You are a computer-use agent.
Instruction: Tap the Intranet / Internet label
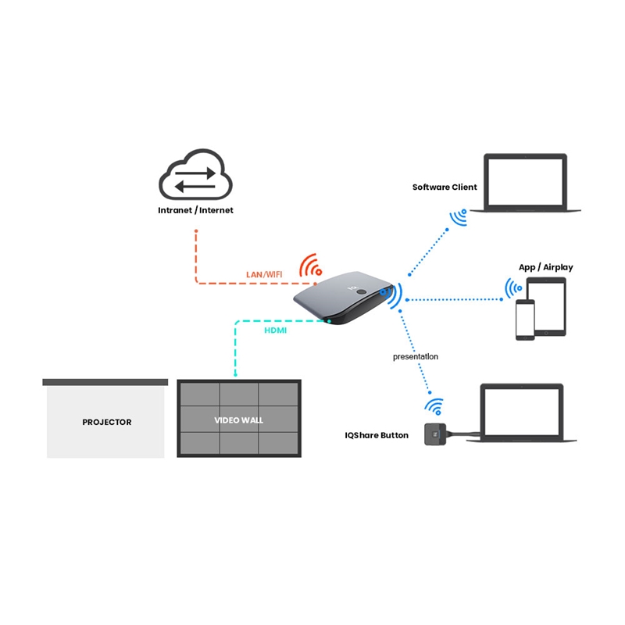click(195, 210)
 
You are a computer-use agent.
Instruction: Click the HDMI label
click(274, 330)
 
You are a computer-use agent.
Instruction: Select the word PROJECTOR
click(107, 422)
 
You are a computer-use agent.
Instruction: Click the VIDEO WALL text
click(239, 420)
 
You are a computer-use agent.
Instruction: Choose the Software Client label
click(445, 187)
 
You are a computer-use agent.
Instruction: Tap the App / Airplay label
click(545, 267)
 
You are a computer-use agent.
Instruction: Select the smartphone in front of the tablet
click(525, 320)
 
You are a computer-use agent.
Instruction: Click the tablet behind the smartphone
click(547, 305)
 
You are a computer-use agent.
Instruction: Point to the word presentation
click(416, 356)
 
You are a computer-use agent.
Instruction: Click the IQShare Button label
click(377, 435)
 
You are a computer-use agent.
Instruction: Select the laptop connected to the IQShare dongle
click(522, 412)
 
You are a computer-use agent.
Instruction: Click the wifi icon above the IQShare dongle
click(434, 407)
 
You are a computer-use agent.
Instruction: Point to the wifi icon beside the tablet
click(513, 289)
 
